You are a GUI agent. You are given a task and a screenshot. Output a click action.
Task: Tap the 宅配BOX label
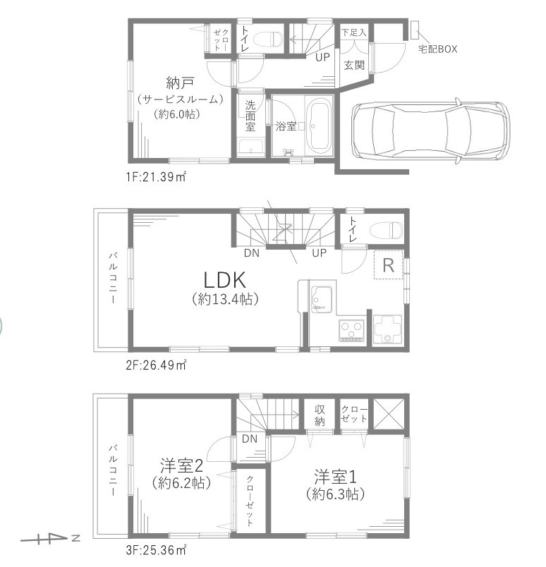click(438, 50)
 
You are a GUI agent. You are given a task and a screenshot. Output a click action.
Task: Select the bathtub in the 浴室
click(318, 126)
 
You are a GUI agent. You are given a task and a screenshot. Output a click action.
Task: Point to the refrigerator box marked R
click(388, 265)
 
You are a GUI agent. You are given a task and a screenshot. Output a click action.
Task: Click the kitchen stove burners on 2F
click(351, 329)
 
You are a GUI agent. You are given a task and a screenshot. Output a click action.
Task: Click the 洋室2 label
click(181, 465)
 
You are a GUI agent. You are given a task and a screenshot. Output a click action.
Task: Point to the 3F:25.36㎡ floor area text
click(157, 548)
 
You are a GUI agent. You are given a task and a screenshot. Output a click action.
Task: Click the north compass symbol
click(49, 540)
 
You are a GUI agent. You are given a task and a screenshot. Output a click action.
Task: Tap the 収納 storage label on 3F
click(319, 415)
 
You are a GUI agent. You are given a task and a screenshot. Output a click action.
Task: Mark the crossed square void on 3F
click(387, 413)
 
